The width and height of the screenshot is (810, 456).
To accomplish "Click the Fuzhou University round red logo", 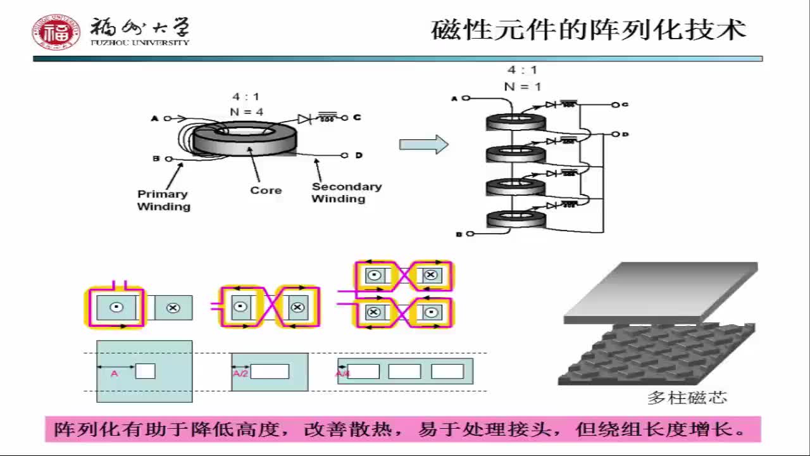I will (x=56, y=32).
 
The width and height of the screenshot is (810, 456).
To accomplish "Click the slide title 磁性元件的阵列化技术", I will (x=589, y=30).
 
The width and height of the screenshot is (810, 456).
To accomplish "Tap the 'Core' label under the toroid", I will (x=266, y=190).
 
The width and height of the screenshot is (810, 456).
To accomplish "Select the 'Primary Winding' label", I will (x=163, y=200).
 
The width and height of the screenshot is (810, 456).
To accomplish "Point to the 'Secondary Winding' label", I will (x=346, y=193).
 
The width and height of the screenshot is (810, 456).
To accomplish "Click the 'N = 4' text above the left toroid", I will (x=246, y=111).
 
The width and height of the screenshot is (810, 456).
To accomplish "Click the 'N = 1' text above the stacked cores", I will (x=522, y=87).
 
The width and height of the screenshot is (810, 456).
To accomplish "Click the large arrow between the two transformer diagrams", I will (x=423, y=145).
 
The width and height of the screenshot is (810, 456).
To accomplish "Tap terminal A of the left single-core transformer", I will (x=168, y=118).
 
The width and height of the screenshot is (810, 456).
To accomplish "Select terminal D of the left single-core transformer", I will (x=345, y=155).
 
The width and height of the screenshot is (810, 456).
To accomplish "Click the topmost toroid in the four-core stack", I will (x=515, y=122).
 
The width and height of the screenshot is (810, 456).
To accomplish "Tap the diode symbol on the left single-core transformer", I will (x=304, y=118).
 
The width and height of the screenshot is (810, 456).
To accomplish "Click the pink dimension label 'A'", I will (x=114, y=374).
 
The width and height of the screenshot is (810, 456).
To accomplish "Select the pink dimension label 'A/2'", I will (x=240, y=374).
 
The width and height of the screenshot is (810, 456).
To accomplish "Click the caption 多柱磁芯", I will (x=687, y=398).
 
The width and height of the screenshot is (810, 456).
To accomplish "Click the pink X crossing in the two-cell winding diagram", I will (x=269, y=307).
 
